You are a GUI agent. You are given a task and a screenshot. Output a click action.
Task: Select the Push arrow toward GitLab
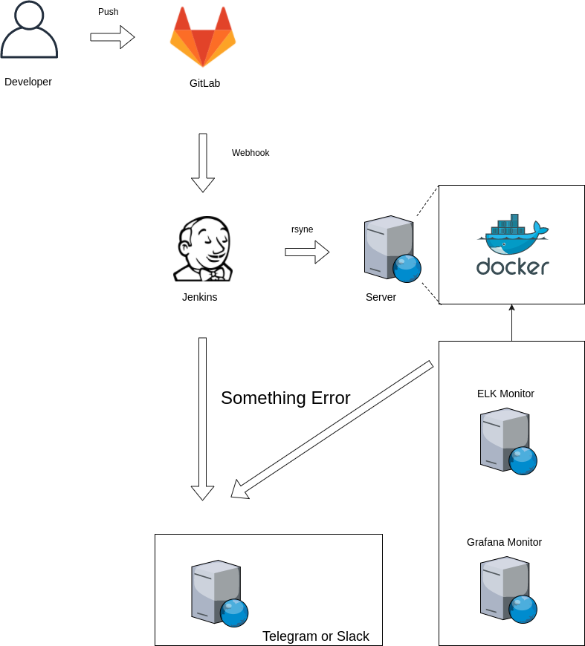[x=112, y=37]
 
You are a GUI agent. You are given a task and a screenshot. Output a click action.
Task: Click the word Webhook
[x=251, y=153]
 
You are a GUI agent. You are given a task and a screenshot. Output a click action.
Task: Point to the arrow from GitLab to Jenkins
[x=203, y=163]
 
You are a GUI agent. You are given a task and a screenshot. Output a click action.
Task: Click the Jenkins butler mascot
[x=203, y=249]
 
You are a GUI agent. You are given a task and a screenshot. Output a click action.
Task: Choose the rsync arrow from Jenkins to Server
[x=307, y=252]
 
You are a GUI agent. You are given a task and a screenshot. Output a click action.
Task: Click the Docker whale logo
[x=512, y=232]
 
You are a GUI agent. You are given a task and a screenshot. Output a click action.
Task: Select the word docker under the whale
[x=512, y=267]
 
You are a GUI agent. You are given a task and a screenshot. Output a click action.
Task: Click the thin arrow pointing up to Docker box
[x=511, y=323]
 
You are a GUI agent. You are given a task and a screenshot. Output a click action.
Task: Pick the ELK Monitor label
[x=505, y=394]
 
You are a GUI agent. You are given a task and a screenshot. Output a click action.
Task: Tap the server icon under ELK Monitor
[x=508, y=441]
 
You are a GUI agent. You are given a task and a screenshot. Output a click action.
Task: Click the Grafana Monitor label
[x=504, y=542]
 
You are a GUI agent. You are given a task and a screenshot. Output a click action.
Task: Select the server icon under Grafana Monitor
[x=508, y=590]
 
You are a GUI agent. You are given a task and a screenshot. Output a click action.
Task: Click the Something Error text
[x=285, y=398]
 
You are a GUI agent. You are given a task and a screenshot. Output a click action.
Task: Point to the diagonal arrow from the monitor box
[x=332, y=430]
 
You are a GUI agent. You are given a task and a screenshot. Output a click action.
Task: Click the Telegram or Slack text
[x=316, y=636]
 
